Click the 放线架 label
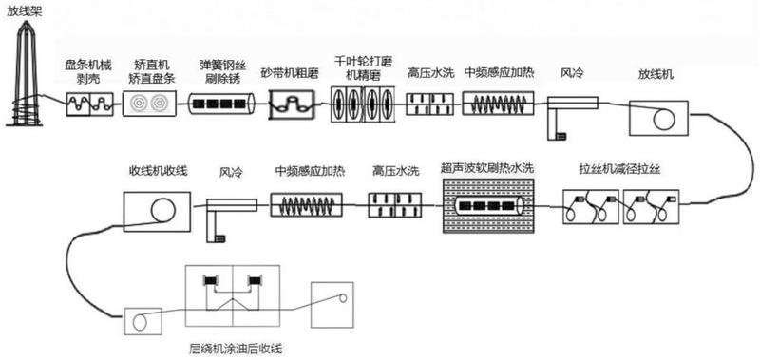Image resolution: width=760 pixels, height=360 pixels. click(21, 11)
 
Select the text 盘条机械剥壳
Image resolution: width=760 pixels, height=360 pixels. click(86, 71)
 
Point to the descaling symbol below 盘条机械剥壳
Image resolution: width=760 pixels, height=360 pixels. click(87, 104)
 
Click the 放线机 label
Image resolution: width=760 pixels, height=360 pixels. click(655, 73)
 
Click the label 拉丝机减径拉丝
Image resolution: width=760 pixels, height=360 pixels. click(619, 171)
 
